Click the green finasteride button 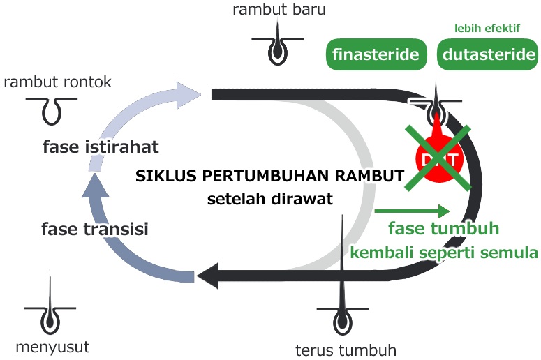coord(376,54)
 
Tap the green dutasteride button coord(488,54)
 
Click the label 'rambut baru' coord(279,10)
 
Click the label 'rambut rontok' coord(57,82)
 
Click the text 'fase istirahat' coord(101,147)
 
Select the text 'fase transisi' coord(95,229)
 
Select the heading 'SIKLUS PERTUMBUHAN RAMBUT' coord(269,177)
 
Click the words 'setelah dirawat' coord(269,198)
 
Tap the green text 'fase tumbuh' coord(443,230)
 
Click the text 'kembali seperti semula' coord(444,252)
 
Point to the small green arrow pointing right coord(412,210)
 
